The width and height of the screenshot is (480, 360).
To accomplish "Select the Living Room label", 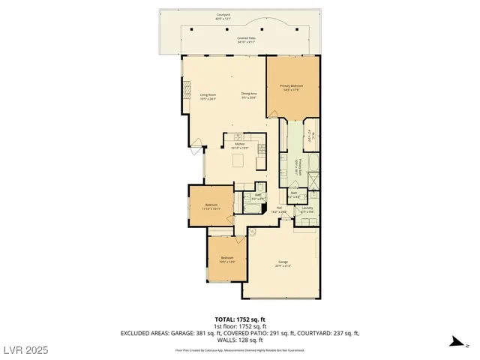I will [x=208, y=96].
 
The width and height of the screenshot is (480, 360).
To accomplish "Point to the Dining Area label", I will [x=248, y=96].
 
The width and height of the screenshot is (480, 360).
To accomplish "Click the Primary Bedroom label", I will [x=292, y=88].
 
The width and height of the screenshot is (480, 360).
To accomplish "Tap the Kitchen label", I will [x=240, y=146].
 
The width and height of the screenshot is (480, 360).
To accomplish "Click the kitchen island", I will [x=240, y=161].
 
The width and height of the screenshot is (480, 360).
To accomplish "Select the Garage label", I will [x=283, y=263].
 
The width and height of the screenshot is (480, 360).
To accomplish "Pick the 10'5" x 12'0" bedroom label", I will [x=227, y=260].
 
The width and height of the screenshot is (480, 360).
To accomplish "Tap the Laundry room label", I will [x=307, y=210].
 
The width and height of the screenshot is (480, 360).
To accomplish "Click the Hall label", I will [x=279, y=211].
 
